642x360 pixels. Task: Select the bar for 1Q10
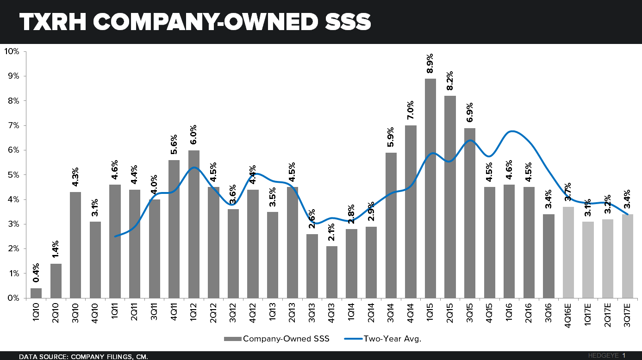click(x=36, y=293)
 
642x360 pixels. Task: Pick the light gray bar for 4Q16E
click(x=568, y=253)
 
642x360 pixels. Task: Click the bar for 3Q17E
click(x=627, y=256)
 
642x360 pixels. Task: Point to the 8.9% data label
click(x=430, y=64)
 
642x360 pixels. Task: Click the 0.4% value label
click(x=36, y=273)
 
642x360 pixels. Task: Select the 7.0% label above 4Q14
click(x=411, y=111)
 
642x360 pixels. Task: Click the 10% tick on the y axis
click(x=12, y=51)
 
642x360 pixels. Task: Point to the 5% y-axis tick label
click(x=13, y=175)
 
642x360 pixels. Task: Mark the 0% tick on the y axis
click(x=13, y=298)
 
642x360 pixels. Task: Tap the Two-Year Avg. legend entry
click(x=384, y=339)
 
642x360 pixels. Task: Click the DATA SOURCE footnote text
click(x=83, y=356)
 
